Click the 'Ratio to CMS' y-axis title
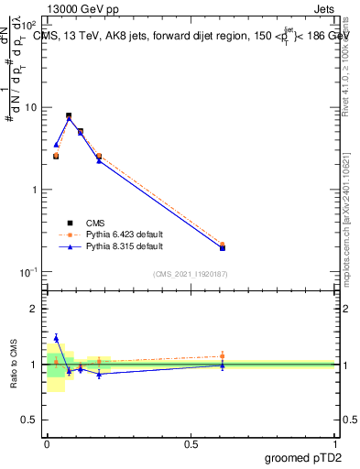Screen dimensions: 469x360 [x=15, y=365]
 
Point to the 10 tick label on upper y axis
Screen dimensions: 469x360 [x=31, y=108]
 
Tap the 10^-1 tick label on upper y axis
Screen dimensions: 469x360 [x=29, y=272]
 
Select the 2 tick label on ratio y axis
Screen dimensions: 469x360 [x=35, y=309]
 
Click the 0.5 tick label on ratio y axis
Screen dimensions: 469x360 [x=31, y=420]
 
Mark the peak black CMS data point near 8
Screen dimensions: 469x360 [x=69, y=115]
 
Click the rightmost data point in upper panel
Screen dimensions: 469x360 [x=223, y=247]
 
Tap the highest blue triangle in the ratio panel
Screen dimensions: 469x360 [x=56, y=338]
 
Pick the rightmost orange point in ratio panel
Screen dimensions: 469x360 [x=223, y=356]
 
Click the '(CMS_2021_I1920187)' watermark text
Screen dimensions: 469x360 [x=191, y=273]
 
